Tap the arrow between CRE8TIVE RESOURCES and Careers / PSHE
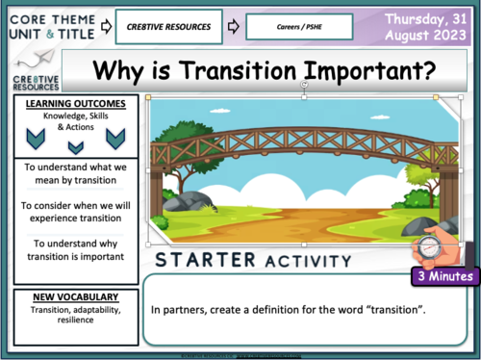[233, 26]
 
